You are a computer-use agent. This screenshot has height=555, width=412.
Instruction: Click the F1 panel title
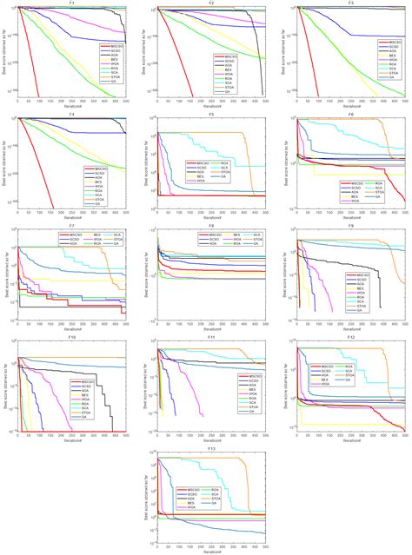click(x=72, y=3)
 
